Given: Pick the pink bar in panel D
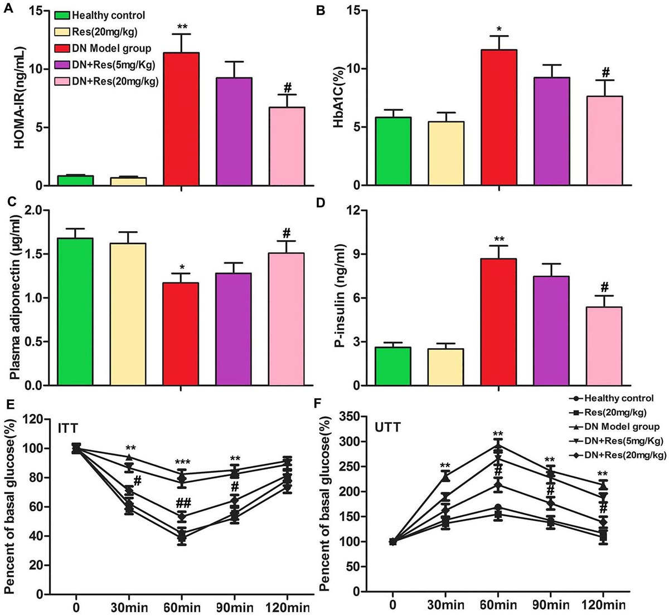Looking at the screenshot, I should pyautogui.click(x=604, y=346).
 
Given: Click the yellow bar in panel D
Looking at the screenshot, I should pyautogui.click(x=445, y=367).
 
